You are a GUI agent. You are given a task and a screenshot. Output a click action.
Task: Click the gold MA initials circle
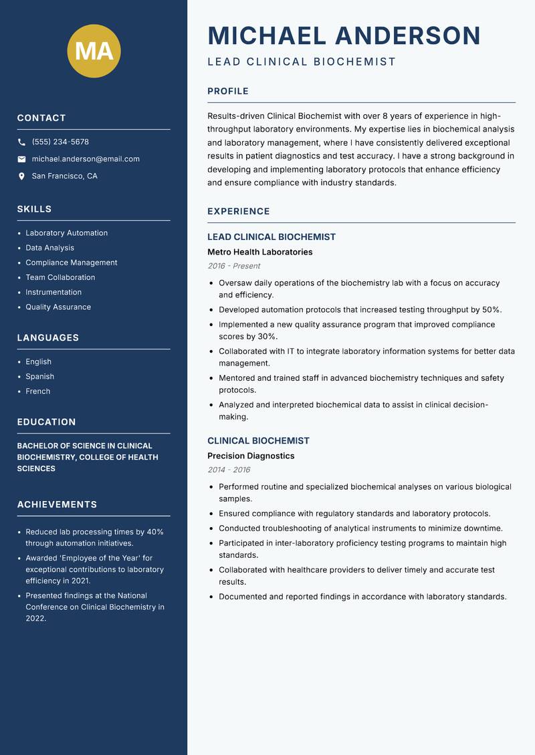click(x=94, y=51)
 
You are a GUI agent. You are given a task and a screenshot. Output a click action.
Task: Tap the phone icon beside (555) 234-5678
click(x=21, y=142)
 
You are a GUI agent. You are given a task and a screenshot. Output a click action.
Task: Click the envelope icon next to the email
click(x=21, y=159)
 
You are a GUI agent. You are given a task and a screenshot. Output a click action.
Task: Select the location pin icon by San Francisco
click(x=21, y=176)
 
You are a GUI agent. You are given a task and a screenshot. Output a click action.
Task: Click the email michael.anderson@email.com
click(x=86, y=159)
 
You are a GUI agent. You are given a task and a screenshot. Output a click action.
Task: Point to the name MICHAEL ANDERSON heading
click(x=344, y=35)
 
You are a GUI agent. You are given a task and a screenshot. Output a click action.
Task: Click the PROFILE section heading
click(x=228, y=92)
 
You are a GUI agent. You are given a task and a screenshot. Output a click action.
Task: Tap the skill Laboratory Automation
click(x=66, y=233)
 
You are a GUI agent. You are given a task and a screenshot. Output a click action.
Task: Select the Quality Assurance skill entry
click(x=58, y=307)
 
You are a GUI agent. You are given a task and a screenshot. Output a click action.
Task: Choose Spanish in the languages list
click(x=39, y=377)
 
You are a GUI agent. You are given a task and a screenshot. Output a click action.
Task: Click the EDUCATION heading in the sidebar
click(x=46, y=422)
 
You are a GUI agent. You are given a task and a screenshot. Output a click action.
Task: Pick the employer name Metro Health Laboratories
click(x=259, y=252)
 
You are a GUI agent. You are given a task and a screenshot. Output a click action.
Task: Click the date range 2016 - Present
click(x=233, y=266)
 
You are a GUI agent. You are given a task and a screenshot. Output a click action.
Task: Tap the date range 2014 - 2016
click(x=229, y=470)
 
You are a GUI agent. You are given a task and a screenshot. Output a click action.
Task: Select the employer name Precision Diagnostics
click(x=251, y=456)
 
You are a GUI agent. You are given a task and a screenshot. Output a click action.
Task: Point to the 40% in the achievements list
click(x=155, y=532)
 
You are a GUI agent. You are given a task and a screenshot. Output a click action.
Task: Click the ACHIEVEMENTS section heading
click(x=57, y=504)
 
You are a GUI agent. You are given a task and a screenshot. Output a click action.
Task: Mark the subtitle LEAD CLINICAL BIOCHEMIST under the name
click(x=302, y=62)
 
